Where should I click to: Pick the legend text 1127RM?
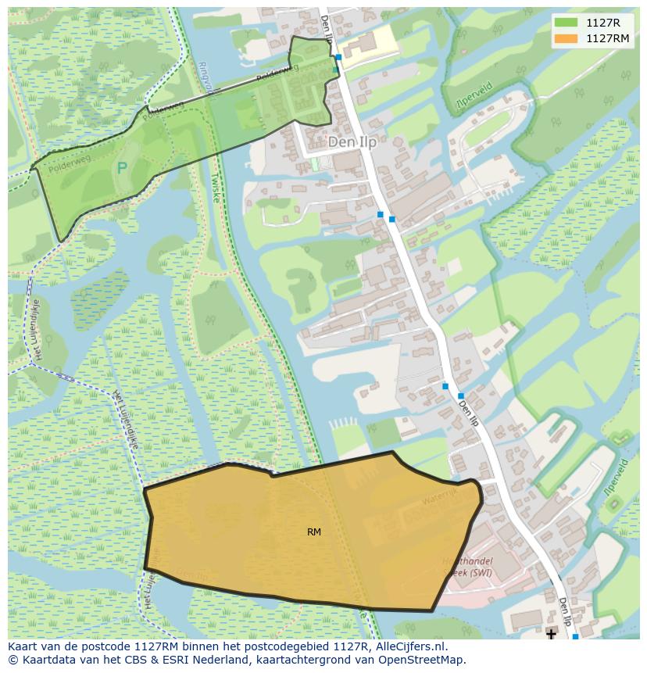(x=607, y=38)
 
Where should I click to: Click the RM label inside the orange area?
(x=314, y=532)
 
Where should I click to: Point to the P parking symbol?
(x=122, y=167)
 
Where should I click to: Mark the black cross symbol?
(x=552, y=634)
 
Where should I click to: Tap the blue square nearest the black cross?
(x=575, y=637)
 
